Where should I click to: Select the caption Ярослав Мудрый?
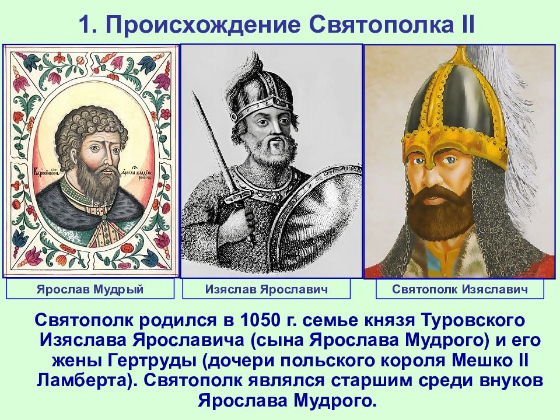pyautogui.click(x=90, y=289)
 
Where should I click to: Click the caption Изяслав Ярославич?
pyautogui.click(x=267, y=289)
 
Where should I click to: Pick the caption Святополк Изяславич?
pyautogui.click(x=460, y=289)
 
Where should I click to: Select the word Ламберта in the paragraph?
pyautogui.click(x=82, y=381)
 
